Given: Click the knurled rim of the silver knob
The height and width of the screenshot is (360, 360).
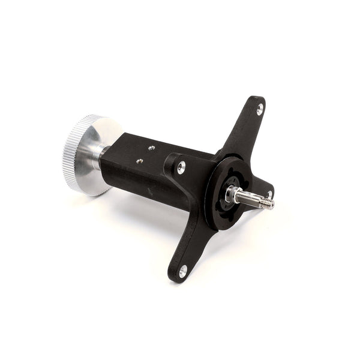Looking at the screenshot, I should pyautogui.click(x=72, y=155).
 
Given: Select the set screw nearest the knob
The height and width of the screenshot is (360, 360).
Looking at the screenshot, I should pyautogui.click(x=139, y=161).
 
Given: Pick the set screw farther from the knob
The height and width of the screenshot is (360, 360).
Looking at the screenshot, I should pyautogui.click(x=151, y=147).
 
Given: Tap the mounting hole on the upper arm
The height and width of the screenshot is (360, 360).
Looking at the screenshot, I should pyautogui.click(x=259, y=109).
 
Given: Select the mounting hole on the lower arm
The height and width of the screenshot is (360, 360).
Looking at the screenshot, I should pyautogui.click(x=182, y=271).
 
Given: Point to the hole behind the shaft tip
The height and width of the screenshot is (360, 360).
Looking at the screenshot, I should pyautogui.click(x=269, y=194).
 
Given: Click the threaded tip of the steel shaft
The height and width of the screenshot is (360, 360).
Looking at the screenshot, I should pyautogui.click(x=266, y=203).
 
